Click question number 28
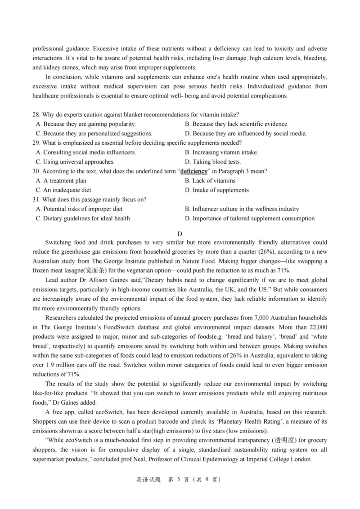tap(36, 114)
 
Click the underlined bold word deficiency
tap(194, 171)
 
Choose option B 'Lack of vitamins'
tap(210, 181)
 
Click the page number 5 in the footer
tap(179, 480)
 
